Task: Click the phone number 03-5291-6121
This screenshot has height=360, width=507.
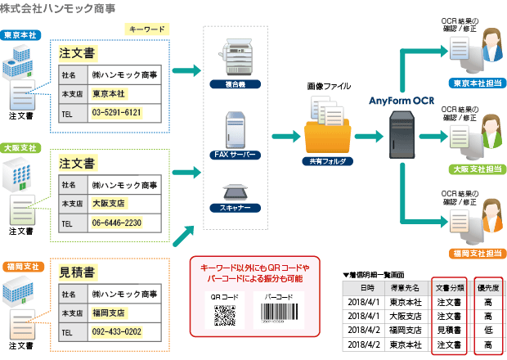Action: (117, 112)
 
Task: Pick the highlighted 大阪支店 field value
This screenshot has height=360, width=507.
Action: (109, 203)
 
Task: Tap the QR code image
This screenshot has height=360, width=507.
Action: (226, 316)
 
